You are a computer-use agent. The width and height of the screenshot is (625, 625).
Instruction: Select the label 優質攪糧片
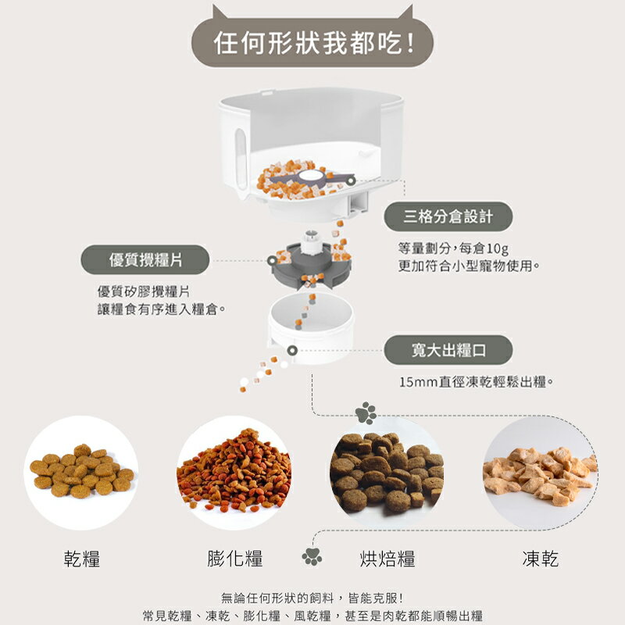[x=145, y=259]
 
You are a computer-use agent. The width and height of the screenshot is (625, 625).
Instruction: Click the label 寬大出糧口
[x=448, y=349]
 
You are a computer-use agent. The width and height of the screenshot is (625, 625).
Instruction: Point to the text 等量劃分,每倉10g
[x=453, y=248]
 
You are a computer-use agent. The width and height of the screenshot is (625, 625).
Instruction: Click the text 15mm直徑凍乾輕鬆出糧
[x=476, y=382]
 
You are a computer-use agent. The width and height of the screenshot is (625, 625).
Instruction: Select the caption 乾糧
[x=81, y=558]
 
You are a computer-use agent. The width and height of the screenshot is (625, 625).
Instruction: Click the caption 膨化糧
[x=234, y=558]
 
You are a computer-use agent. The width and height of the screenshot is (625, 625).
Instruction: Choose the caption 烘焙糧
[x=387, y=558]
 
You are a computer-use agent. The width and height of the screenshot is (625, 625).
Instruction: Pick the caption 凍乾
[x=540, y=558]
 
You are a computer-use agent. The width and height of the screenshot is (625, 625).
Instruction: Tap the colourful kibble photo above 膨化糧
[x=234, y=473]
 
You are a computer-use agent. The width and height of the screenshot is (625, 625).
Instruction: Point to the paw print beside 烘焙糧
[x=312, y=556]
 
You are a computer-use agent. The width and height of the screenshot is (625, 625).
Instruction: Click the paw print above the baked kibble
[x=365, y=412]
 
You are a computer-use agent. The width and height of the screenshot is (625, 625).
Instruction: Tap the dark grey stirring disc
[x=308, y=266]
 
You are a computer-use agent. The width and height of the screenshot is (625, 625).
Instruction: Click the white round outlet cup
[x=311, y=328]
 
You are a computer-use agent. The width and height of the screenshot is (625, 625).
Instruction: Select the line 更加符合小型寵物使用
[x=469, y=266]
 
